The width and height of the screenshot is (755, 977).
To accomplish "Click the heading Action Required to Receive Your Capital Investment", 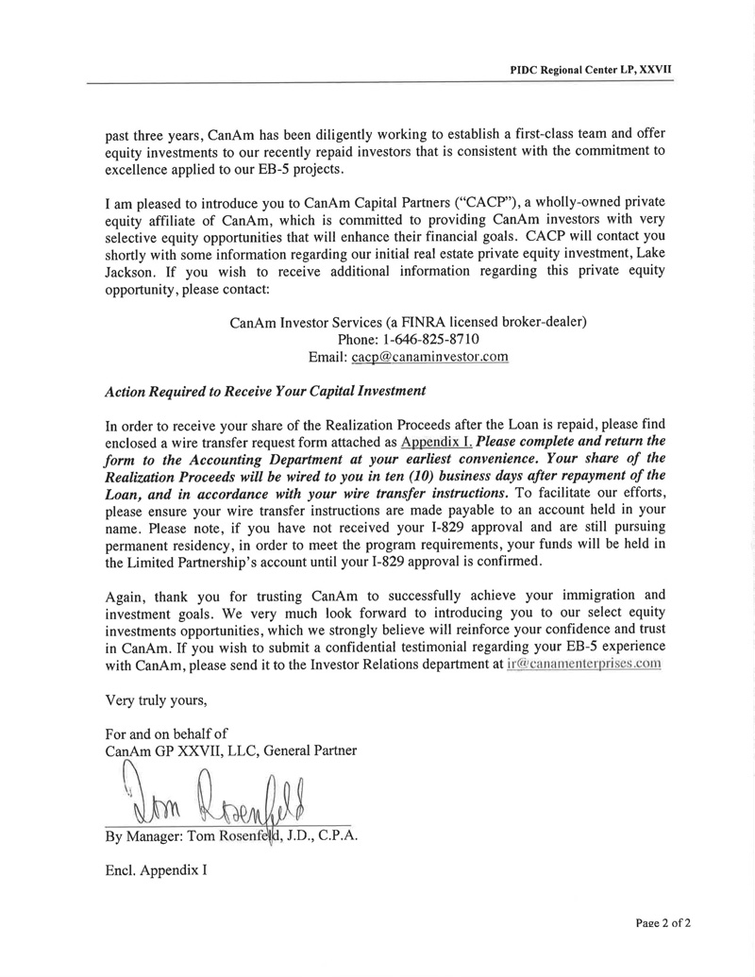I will tap(265, 391).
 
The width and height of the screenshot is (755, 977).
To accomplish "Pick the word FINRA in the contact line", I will tap(406, 322).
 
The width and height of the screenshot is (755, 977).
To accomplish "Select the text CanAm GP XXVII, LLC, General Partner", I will tap(231, 750).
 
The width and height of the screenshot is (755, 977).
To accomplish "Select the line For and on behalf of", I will tap(166, 733).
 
